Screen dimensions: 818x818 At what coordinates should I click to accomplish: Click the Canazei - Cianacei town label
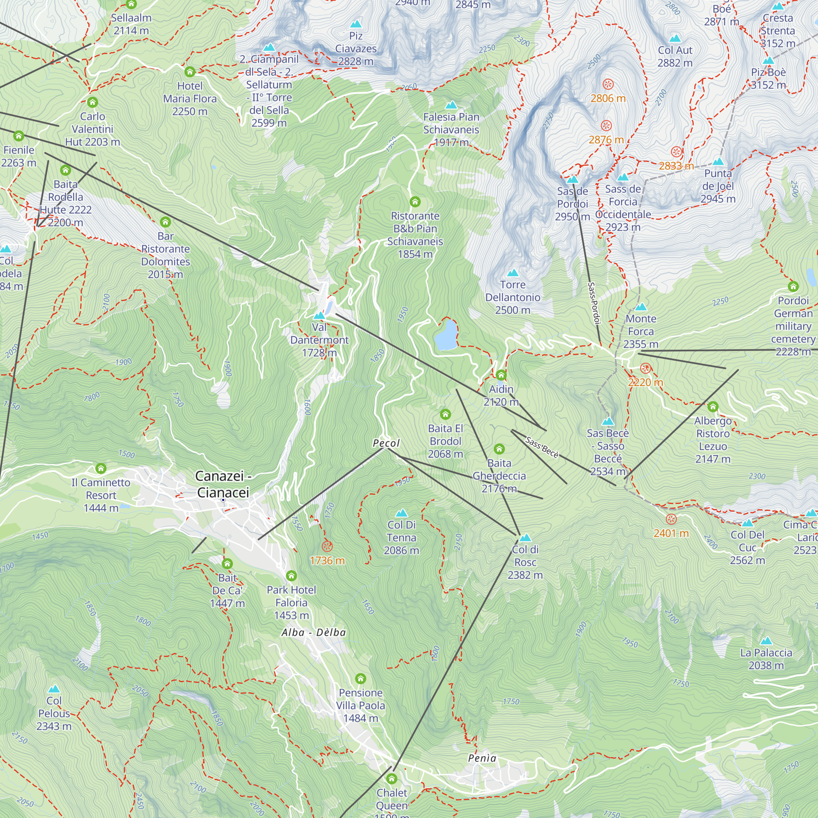[223, 484]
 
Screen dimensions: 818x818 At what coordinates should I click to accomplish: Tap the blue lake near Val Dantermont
[446, 336]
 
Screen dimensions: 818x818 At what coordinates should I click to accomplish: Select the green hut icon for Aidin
[501, 375]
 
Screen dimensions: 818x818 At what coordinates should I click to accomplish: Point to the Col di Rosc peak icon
[525, 538]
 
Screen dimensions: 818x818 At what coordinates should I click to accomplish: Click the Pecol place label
[386, 443]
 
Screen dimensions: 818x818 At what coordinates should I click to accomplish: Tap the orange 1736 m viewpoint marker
[327, 546]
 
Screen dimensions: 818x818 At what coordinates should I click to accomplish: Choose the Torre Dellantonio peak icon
[513, 273]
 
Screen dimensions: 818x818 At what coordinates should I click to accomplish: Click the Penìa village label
[482, 758]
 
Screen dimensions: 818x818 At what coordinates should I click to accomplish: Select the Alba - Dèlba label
[314, 633]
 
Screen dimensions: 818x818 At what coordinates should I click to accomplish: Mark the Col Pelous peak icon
[54, 689]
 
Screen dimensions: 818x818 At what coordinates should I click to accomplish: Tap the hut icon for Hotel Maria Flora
[190, 72]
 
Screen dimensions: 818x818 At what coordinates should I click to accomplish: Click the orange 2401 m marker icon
[671, 519]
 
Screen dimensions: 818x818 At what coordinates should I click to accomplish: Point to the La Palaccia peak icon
[766, 641]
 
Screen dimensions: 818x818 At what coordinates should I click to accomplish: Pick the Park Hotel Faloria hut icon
[291, 575]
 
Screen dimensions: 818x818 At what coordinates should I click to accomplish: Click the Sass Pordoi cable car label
[594, 303]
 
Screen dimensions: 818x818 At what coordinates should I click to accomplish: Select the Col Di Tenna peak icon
[401, 513]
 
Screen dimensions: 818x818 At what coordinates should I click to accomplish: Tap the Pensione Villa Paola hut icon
[360, 679]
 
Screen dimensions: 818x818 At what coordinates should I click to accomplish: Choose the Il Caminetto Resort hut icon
[101, 468]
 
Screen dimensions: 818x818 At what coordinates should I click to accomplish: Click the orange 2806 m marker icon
[608, 84]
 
